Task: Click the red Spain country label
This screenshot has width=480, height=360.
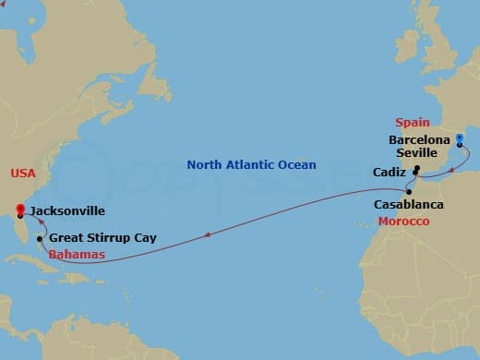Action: [x=414, y=123]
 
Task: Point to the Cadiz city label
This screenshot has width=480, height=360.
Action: [x=389, y=172]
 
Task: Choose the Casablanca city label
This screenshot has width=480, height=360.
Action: [x=408, y=204]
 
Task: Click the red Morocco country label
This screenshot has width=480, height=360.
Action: [x=402, y=222]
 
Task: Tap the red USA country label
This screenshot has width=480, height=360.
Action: [x=24, y=174]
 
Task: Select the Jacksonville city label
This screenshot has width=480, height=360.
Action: [x=67, y=211]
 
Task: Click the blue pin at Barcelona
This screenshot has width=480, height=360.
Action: [x=459, y=138]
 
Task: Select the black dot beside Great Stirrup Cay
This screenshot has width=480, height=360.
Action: [x=39, y=239]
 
